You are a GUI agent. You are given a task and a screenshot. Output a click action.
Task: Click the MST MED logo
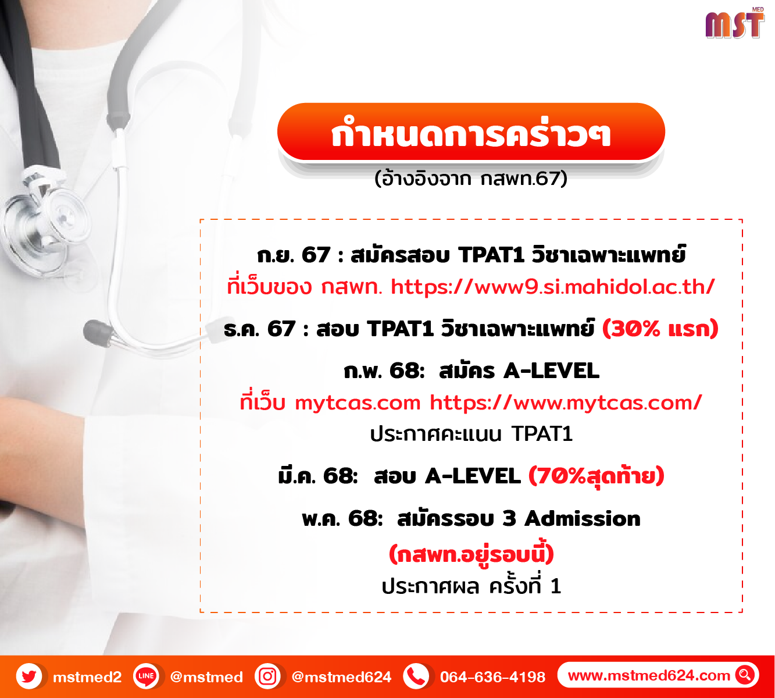point(734,23)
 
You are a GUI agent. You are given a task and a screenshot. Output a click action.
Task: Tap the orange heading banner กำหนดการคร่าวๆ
point(471,132)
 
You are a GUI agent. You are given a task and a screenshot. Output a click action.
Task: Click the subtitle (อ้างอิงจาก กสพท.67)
point(471,179)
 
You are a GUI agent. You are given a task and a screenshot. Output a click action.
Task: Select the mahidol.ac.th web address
point(553,287)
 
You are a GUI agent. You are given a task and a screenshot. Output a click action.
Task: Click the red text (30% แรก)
point(660,329)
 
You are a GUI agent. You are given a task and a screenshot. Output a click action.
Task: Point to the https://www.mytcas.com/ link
point(566,403)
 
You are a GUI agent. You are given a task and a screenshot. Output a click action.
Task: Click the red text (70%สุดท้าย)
point(596,476)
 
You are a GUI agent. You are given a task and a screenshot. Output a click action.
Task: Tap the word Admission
point(582,519)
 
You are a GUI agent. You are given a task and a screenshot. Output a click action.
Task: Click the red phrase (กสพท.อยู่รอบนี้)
point(471,553)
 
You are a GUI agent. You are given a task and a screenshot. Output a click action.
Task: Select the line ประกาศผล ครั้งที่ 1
point(471,586)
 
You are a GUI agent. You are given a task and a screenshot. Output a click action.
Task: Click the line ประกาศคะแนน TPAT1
point(471,433)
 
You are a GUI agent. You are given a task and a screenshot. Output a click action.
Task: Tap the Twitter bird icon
point(29,676)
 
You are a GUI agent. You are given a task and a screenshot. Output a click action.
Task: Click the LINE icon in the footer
point(146,676)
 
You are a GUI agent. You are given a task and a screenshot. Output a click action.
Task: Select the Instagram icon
point(267,676)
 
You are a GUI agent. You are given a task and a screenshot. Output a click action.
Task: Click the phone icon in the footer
point(416,676)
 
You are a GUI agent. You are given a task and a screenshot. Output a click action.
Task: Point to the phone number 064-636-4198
point(492,676)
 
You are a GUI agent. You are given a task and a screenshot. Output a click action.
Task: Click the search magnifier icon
point(745,675)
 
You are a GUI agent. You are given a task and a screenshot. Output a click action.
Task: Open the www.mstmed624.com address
point(649,675)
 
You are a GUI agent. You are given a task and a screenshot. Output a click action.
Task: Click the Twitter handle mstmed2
point(87,677)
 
